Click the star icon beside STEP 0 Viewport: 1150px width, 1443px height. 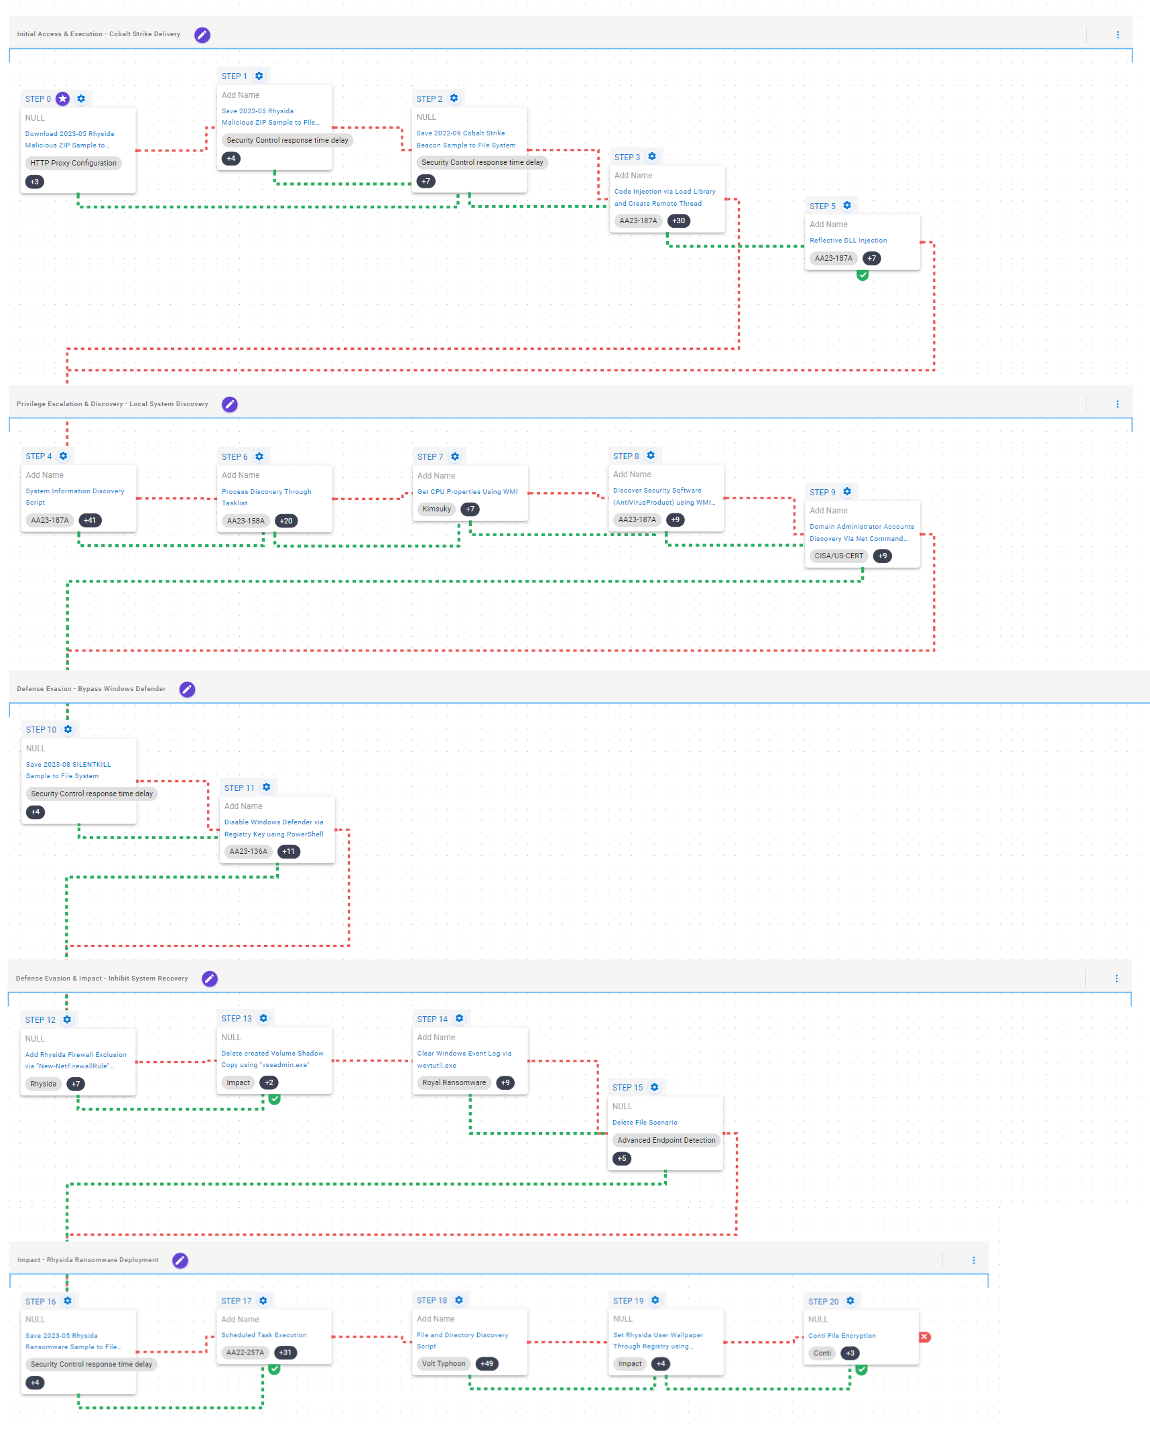[x=63, y=99]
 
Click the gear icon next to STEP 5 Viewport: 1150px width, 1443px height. [x=847, y=206]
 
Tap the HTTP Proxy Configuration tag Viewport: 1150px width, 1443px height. [x=73, y=163]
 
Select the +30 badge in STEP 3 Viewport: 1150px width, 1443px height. [x=679, y=221]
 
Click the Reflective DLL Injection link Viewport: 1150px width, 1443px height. [x=848, y=241]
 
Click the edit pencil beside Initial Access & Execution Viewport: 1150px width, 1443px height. [x=202, y=35]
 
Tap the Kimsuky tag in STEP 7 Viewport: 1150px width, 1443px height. [x=436, y=509]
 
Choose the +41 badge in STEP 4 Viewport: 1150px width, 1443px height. [x=90, y=520]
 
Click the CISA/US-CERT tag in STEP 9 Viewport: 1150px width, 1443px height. [x=838, y=556]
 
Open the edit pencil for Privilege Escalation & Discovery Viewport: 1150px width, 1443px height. [x=230, y=404]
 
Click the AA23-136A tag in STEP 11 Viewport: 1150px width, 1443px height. [x=248, y=851]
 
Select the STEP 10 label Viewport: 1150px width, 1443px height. [x=41, y=730]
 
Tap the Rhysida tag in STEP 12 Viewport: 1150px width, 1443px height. [x=44, y=1084]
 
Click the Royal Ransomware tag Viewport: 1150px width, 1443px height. [x=454, y=1082]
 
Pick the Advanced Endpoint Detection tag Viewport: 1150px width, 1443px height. [x=666, y=1140]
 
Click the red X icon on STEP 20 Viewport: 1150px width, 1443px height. [x=925, y=1336]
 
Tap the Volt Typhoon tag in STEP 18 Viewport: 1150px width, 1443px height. [x=443, y=1363]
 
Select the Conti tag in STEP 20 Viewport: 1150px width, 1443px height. [x=822, y=1353]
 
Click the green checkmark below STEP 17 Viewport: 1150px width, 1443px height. [x=274, y=1369]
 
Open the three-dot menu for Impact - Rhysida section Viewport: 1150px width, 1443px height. [x=974, y=1260]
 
